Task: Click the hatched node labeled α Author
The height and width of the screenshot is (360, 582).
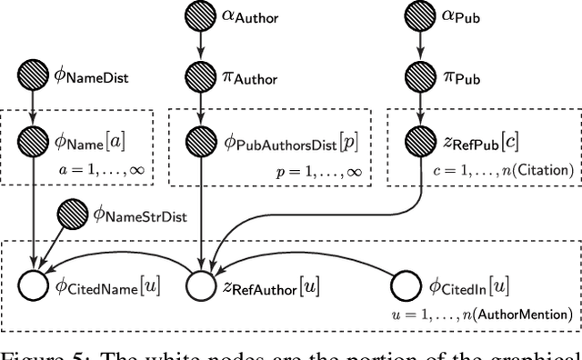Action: click(198, 16)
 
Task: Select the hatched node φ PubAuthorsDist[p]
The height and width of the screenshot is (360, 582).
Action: click(198, 142)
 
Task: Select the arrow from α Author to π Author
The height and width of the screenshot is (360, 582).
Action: click(198, 47)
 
